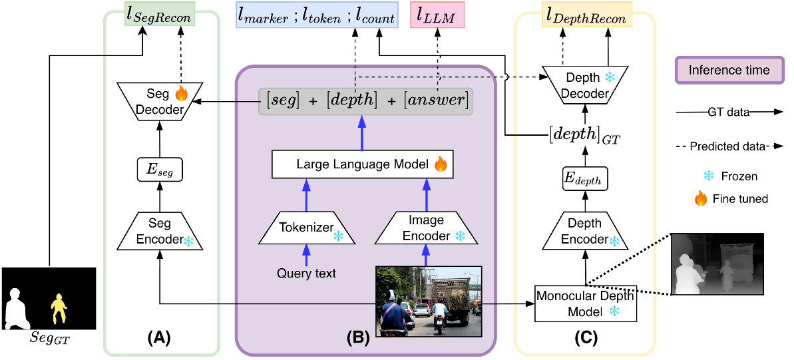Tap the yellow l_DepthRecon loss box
click(586, 17)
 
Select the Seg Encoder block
click(160, 232)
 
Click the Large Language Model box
click(363, 164)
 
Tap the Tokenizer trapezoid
click(307, 227)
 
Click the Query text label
click(307, 273)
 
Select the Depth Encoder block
click(586, 232)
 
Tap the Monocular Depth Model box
click(586, 303)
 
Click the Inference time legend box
click(728, 70)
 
